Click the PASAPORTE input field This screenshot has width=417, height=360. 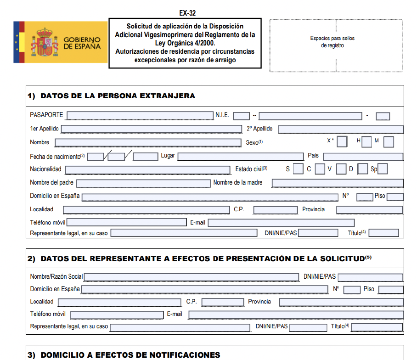[x=140, y=115]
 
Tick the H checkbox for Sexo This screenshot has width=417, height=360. [x=366, y=142]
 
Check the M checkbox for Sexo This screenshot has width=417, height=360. [x=389, y=142]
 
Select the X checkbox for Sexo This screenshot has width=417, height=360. [x=342, y=142]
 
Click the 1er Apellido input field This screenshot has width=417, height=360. [x=151, y=129]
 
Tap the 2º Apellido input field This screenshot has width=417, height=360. [x=340, y=129]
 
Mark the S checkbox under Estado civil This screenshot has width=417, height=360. [x=298, y=169]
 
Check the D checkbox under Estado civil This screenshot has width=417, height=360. [x=362, y=169]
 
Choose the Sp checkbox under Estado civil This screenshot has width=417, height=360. [x=383, y=169]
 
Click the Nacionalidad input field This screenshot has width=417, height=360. [x=147, y=169]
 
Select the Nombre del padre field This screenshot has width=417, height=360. [x=143, y=183]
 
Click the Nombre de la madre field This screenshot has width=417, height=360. [x=338, y=183]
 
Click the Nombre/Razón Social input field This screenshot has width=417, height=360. [x=192, y=277]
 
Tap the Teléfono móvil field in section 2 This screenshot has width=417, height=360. [x=117, y=315]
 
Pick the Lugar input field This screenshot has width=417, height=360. [x=241, y=156]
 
